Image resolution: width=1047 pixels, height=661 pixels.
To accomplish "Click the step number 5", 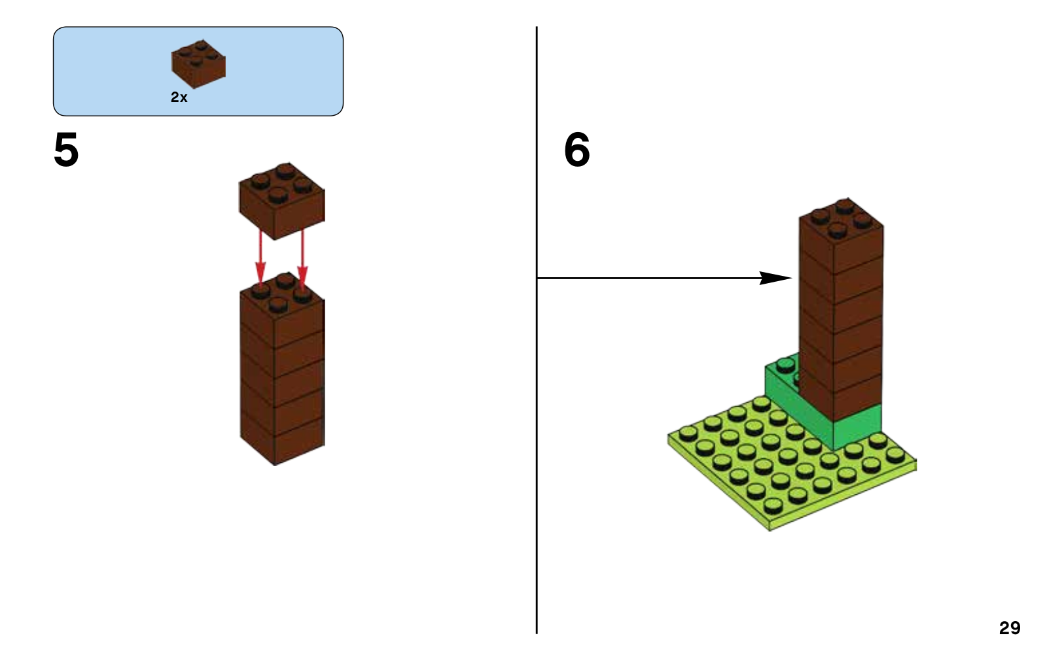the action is pos(66,150).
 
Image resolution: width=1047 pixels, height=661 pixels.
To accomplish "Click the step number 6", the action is pos(577,150).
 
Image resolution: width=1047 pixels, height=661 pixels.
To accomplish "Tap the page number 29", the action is pos(1009,628).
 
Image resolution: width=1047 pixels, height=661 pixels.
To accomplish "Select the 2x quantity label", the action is pos(179,97).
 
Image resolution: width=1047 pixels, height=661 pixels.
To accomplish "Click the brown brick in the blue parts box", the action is pos(198,63).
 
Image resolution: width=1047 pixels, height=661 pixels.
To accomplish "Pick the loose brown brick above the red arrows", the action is pos(281,199).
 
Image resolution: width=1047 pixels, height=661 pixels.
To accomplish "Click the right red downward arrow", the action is pos(302,258).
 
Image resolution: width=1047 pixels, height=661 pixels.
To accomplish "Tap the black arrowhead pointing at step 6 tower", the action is pos(775,278).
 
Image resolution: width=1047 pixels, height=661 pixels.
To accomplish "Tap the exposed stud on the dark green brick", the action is pos(785,365).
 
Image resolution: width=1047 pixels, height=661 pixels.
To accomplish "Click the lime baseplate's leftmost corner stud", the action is pos(687,432).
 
